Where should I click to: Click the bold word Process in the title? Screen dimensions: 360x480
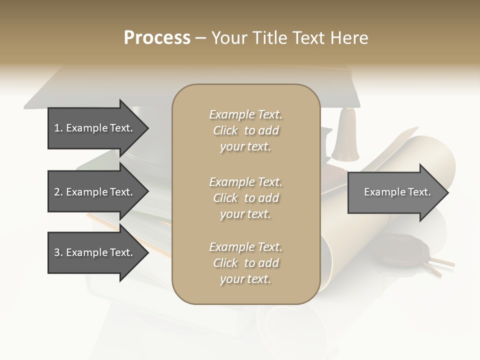point(157,38)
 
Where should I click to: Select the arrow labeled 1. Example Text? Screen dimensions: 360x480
point(95,128)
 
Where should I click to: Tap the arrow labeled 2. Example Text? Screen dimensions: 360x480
point(95,192)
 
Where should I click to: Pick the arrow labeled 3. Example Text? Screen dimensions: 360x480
point(95,253)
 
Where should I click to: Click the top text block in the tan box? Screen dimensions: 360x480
point(245,130)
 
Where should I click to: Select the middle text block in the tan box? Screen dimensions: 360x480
point(245,198)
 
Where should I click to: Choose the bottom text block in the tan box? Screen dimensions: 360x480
point(245,263)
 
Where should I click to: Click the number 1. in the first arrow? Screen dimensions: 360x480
point(58,128)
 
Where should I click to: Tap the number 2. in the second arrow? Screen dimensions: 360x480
point(58,192)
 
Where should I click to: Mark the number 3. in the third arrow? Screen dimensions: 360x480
point(58,253)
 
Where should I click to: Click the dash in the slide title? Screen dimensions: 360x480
point(201,38)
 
